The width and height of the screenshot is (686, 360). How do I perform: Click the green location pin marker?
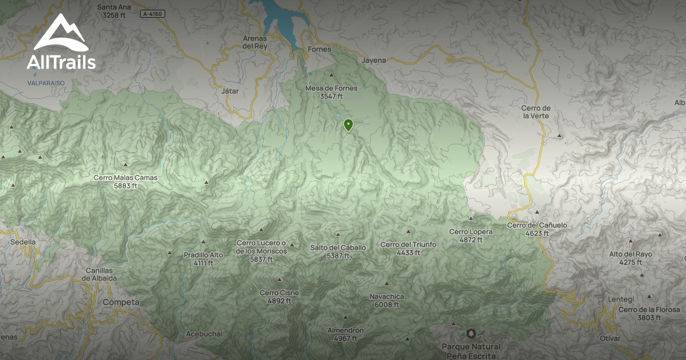(x=348, y=125)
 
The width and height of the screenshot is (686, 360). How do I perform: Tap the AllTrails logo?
(x=61, y=42)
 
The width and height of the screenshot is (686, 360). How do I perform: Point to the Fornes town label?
(x=319, y=49)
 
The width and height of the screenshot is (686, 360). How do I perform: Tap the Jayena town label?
(x=374, y=60)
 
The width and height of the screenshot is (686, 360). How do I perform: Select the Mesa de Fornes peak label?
(x=331, y=92)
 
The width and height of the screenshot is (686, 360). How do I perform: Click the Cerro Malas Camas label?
(x=125, y=181)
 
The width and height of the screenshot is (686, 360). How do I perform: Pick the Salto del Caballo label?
(x=338, y=251)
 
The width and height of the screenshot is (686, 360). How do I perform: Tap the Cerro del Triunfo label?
(x=408, y=248)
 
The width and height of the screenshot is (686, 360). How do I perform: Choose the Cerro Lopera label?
(x=470, y=235)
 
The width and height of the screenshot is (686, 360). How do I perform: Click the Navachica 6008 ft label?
(x=387, y=301)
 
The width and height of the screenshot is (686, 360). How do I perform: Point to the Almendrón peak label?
(x=345, y=334)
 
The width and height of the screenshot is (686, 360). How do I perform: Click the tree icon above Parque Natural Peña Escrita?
(x=470, y=333)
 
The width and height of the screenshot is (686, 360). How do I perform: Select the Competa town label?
(x=121, y=302)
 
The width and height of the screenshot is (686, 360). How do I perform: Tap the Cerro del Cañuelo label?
(x=537, y=229)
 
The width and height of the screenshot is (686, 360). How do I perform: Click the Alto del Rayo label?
(x=631, y=258)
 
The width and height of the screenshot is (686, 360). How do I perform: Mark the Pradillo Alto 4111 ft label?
(x=203, y=259)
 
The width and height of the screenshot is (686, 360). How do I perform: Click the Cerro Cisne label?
(x=279, y=297)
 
